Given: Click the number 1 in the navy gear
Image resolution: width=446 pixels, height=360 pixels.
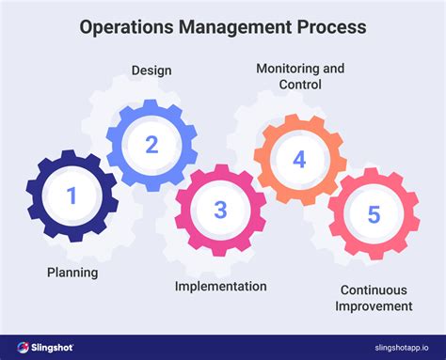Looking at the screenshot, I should [x=72, y=196].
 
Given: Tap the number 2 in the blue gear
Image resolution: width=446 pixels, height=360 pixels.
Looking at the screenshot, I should [x=151, y=145].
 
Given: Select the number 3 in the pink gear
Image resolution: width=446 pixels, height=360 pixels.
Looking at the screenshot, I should [x=220, y=209].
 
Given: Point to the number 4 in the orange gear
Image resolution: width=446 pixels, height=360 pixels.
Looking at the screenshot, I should [x=299, y=159].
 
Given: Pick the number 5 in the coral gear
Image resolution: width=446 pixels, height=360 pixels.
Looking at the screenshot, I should [x=374, y=214].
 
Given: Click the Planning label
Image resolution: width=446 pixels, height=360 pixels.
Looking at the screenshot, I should [x=72, y=273].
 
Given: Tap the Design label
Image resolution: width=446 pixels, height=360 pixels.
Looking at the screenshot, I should [x=151, y=70].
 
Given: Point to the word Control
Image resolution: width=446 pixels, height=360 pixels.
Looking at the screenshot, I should [x=301, y=85].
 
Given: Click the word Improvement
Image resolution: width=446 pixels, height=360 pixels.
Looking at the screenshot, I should [x=376, y=305].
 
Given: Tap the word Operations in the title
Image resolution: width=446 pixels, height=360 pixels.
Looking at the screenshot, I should [x=125, y=27].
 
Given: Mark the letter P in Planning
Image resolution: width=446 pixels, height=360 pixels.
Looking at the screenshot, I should [x=51, y=273].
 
